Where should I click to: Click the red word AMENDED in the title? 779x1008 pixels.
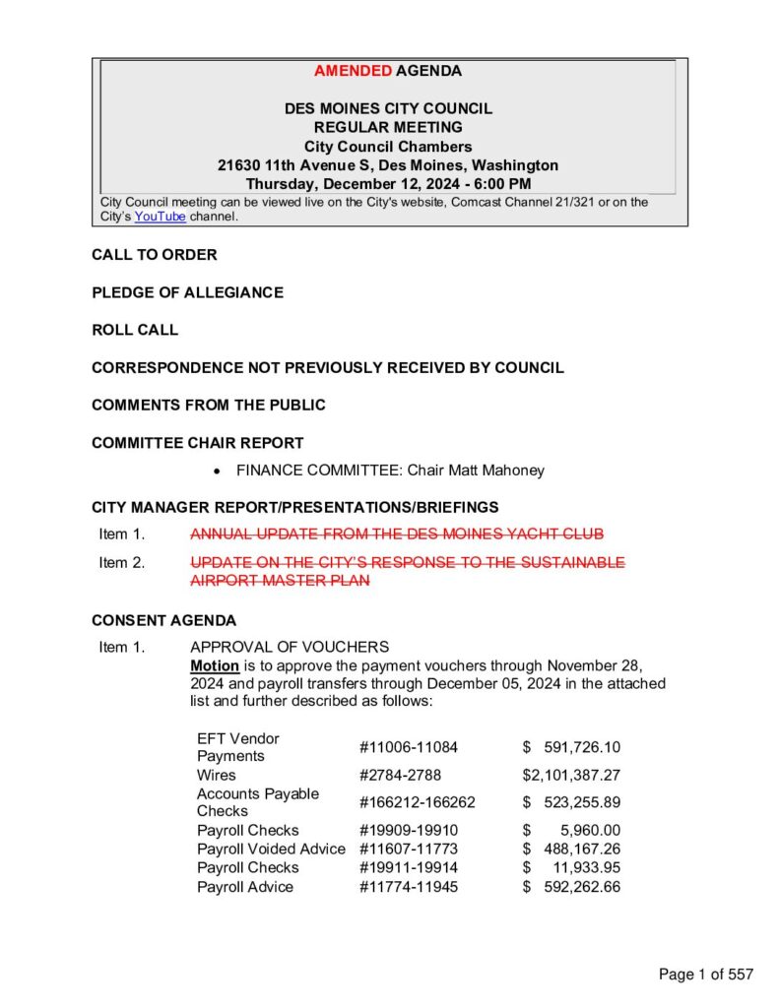(x=353, y=71)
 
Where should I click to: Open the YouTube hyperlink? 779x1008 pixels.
(x=160, y=217)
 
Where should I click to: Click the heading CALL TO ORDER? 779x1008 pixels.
(x=155, y=255)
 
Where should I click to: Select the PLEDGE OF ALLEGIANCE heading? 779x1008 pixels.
(x=187, y=292)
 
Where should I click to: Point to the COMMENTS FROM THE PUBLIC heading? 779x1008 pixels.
(x=209, y=405)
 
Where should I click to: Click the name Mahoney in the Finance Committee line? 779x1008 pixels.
(x=511, y=471)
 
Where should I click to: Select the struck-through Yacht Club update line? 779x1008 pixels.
(x=396, y=535)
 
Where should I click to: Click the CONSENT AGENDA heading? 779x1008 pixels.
(x=163, y=621)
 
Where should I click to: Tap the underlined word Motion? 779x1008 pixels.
(x=215, y=665)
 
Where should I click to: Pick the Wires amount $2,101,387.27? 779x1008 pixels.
(x=571, y=775)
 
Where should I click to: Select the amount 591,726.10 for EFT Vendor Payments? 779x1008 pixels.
(x=582, y=747)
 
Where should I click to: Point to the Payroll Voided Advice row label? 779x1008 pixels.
(x=271, y=849)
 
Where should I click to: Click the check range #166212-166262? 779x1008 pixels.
(x=418, y=802)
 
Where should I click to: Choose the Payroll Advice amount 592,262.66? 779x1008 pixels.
(x=582, y=887)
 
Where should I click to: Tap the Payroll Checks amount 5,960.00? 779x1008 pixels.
(x=588, y=830)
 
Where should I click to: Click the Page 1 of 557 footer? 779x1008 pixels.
(x=706, y=975)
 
